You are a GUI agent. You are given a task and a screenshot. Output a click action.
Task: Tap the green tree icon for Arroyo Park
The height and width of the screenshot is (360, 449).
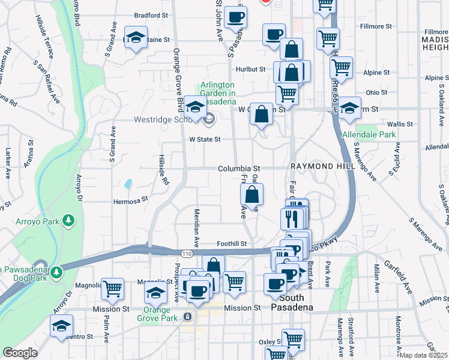tap(70, 221)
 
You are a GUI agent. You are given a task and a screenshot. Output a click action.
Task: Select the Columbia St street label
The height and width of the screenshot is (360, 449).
tap(238, 169)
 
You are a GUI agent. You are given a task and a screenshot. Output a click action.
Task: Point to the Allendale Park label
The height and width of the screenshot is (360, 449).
tap(369, 135)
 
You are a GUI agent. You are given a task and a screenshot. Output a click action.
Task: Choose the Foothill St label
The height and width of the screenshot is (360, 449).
tap(232, 244)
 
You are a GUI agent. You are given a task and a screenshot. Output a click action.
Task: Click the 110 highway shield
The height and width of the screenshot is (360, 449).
tap(188, 254)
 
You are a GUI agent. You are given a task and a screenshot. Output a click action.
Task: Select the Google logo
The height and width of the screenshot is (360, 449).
tap(20, 353)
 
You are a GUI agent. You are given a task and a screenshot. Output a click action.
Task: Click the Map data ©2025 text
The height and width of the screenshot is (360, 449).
tap(424, 355)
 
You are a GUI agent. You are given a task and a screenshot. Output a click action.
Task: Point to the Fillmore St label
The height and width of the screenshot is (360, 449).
tap(375, 27)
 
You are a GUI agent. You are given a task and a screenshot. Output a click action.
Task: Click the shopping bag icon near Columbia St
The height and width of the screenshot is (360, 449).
tap(252, 194)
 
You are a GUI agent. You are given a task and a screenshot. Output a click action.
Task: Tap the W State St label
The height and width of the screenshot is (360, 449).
tap(205, 139)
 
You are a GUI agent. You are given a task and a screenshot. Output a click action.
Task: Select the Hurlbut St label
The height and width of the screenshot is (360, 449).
tap(250, 70)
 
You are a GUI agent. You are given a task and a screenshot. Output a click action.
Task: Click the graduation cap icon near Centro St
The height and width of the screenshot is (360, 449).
tap(61, 326)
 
